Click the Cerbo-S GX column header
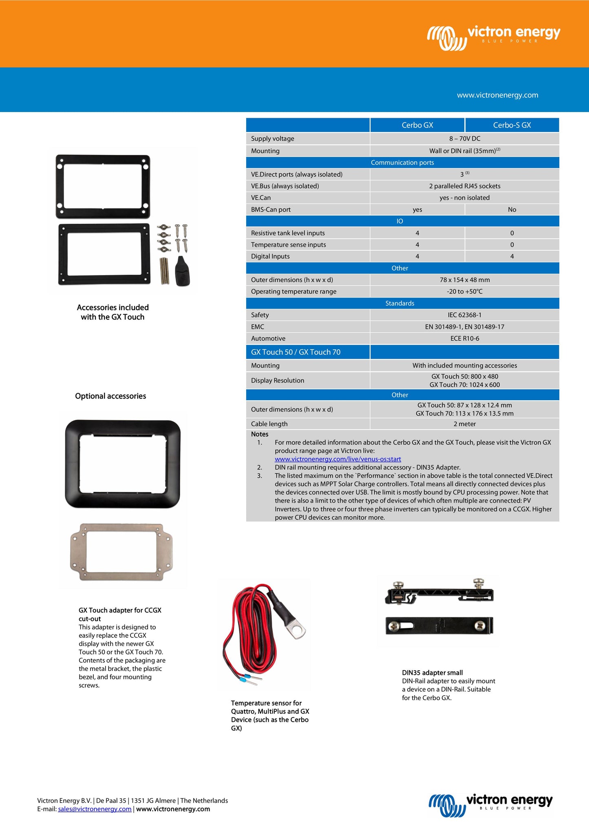point(512,125)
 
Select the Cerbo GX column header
point(417,125)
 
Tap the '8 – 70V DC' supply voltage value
point(464,139)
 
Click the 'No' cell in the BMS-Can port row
point(512,209)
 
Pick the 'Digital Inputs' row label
point(270,256)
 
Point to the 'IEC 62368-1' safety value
point(464,315)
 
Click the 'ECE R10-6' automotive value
point(464,339)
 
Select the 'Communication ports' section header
point(402,163)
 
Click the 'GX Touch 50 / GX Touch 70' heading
point(296,352)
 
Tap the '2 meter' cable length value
point(464,424)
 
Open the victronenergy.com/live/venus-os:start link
point(338,459)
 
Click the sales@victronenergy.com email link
point(95,809)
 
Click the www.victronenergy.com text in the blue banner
point(497,95)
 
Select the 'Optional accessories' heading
point(110,396)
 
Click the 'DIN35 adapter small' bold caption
point(432,672)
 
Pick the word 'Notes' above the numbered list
point(260,434)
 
